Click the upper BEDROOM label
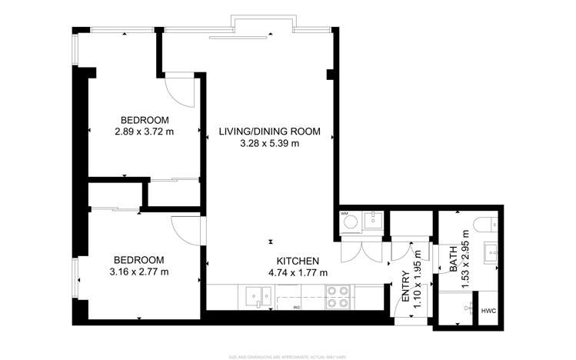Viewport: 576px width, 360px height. pyautogui.click(x=144, y=119)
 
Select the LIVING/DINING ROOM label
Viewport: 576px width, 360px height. pyautogui.click(x=269, y=131)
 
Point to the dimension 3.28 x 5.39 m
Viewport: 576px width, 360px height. pyautogui.click(x=269, y=143)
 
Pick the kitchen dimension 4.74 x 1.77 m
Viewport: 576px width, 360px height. pyautogui.click(x=298, y=273)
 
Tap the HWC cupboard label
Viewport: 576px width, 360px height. pyautogui.click(x=488, y=311)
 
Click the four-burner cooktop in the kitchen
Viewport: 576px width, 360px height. pyautogui.click(x=338, y=296)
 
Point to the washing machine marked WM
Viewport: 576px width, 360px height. pyautogui.click(x=350, y=222)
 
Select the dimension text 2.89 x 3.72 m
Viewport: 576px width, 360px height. pyautogui.click(x=144, y=132)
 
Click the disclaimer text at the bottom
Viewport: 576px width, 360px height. pyautogui.click(x=288, y=356)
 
